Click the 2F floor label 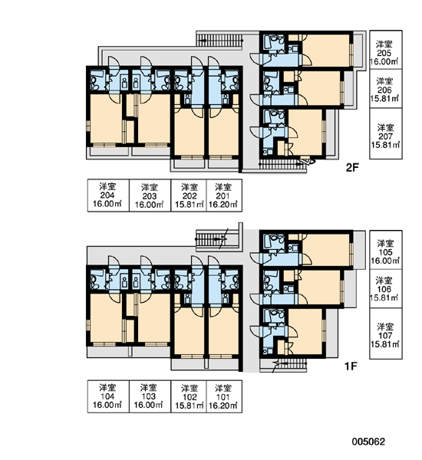tap(352, 167)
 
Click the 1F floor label tap(351, 366)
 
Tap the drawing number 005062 tap(368, 442)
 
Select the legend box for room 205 tap(386, 50)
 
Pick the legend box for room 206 tap(386, 89)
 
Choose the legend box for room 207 tap(386, 133)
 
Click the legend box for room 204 tap(108, 195)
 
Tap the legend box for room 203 tap(150, 195)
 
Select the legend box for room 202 tap(189, 195)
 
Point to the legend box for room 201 tap(224, 195)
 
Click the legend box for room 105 tap(386, 250)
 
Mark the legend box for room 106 tap(386, 289)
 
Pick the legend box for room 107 tap(386, 333)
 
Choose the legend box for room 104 tap(108, 396)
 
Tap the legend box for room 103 tap(150, 396)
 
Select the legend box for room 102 tap(189, 396)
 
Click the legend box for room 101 tap(224, 396)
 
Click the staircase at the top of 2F tap(219, 40)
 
